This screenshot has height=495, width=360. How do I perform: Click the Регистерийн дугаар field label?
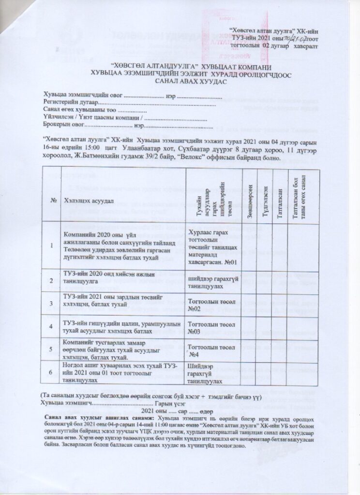[70, 103]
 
